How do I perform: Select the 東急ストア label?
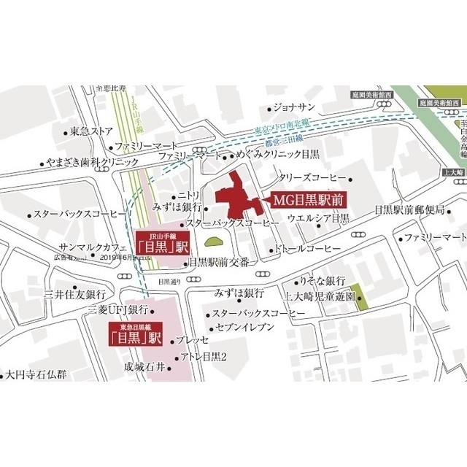(92, 131)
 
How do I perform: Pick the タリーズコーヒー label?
(312, 178)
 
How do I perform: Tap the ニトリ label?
(190, 196)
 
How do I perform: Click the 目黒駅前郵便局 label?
(409, 210)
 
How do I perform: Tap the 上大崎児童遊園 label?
(319, 297)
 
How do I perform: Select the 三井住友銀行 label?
(75, 295)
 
